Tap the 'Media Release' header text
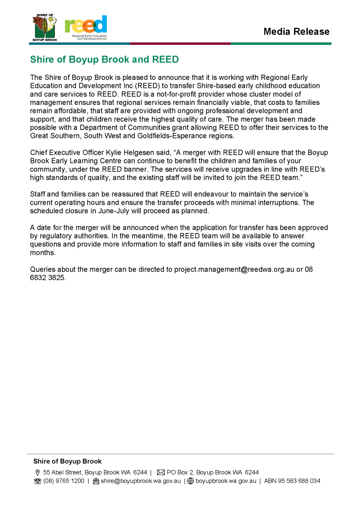tap(296, 31)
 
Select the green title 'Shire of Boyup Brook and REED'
tap(104, 60)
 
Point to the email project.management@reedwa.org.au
tap(234, 269)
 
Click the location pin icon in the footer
tap(38, 472)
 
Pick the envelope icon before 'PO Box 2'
tap(161, 472)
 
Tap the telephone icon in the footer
tap(38, 481)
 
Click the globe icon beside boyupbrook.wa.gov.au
tap(191, 481)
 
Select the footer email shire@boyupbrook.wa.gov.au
tap(140, 481)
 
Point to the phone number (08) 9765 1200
tap(64, 481)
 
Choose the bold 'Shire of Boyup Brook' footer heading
tap(67, 461)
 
